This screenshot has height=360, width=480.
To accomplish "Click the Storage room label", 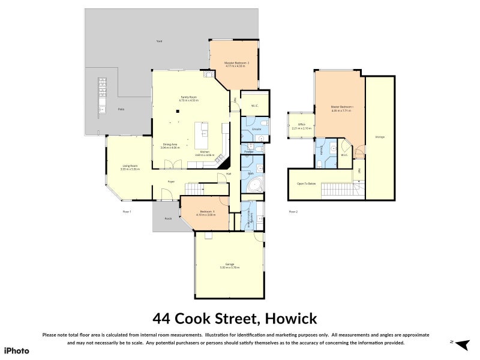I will pyautogui.click(x=380, y=137).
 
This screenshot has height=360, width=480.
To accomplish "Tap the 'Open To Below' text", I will pyautogui.click(x=306, y=184).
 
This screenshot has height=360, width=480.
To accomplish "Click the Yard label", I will pyautogui.click(x=159, y=41).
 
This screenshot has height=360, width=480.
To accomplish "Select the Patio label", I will pyautogui.click(x=121, y=109).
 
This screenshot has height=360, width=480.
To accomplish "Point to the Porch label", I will pyautogui.click(x=168, y=218).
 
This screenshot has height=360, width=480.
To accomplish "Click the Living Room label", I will pyautogui.click(x=130, y=167).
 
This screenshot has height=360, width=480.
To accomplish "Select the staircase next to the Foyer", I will pyautogui.click(x=195, y=188).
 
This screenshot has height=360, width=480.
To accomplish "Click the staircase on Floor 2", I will pyautogui.click(x=340, y=190).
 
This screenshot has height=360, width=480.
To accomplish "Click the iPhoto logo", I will pyautogui.click(x=16, y=350).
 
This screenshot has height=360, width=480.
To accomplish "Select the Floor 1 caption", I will pyautogui.click(x=127, y=212).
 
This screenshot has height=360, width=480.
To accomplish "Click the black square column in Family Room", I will pyautogui.click(x=178, y=110).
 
